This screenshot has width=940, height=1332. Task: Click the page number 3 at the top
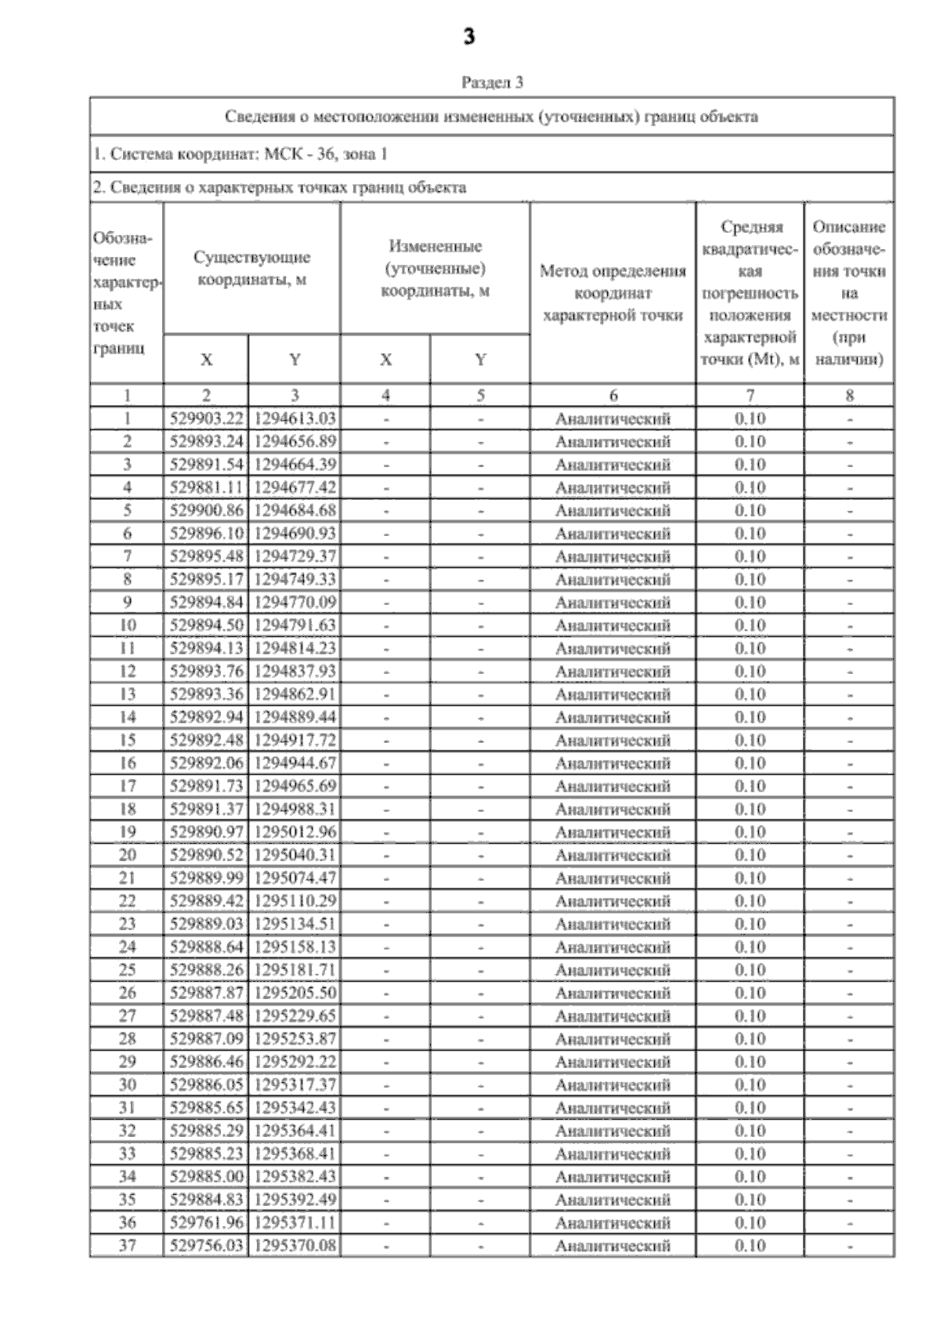click(468, 37)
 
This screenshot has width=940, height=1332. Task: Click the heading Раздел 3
click(492, 81)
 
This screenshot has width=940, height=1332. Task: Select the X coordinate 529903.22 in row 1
click(206, 418)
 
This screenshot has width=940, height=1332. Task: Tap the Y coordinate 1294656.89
click(295, 441)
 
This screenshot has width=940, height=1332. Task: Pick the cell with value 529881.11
click(206, 487)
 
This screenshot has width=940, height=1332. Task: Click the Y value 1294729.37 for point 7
click(295, 556)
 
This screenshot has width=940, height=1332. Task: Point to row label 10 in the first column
click(127, 625)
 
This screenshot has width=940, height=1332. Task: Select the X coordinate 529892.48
click(206, 740)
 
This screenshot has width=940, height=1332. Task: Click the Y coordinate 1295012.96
click(295, 832)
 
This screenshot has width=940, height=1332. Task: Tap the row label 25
click(127, 970)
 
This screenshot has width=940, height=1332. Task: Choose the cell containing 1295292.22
click(295, 1062)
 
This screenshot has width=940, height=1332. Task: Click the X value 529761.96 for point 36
click(206, 1222)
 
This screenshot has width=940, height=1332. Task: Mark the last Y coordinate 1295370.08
click(295, 1246)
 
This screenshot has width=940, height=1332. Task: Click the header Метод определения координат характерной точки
click(613, 293)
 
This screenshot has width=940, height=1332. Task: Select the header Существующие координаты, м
click(251, 268)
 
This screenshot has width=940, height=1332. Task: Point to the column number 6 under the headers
click(613, 396)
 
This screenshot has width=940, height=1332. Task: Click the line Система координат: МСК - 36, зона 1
click(240, 154)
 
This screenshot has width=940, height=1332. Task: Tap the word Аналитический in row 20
click(613, 855)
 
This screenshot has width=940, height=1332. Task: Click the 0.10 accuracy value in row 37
click(750, 1246)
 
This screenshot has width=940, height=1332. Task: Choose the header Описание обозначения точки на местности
click(849, 293)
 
